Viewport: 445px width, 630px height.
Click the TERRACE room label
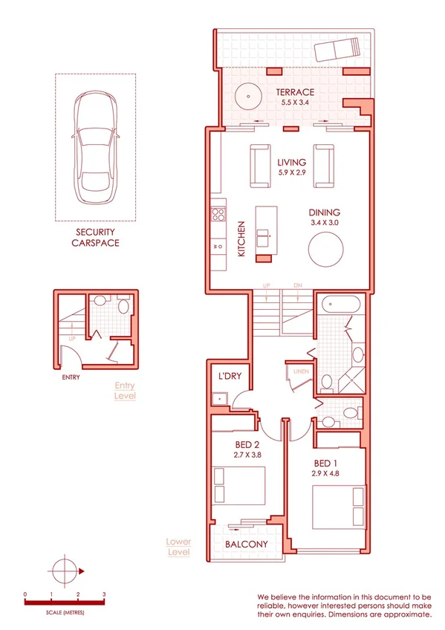pos(295,92)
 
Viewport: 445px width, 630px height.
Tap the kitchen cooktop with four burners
pos(218,215)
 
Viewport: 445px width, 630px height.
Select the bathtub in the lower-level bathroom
pos(341,305)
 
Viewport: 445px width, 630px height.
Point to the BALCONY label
pos(246,545)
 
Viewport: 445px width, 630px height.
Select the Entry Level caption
pos(126,391)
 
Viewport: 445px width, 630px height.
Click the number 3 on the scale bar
pos(104,595)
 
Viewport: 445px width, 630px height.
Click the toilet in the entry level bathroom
pos(123,305)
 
